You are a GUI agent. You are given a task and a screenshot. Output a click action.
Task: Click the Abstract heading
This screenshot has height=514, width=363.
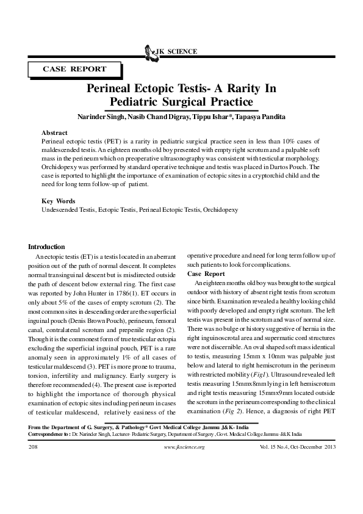pos(54,132)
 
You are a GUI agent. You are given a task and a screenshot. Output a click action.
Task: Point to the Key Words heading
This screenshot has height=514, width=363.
pos(58,201)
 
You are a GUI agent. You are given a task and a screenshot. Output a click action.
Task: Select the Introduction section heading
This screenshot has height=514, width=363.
pos(47,247)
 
